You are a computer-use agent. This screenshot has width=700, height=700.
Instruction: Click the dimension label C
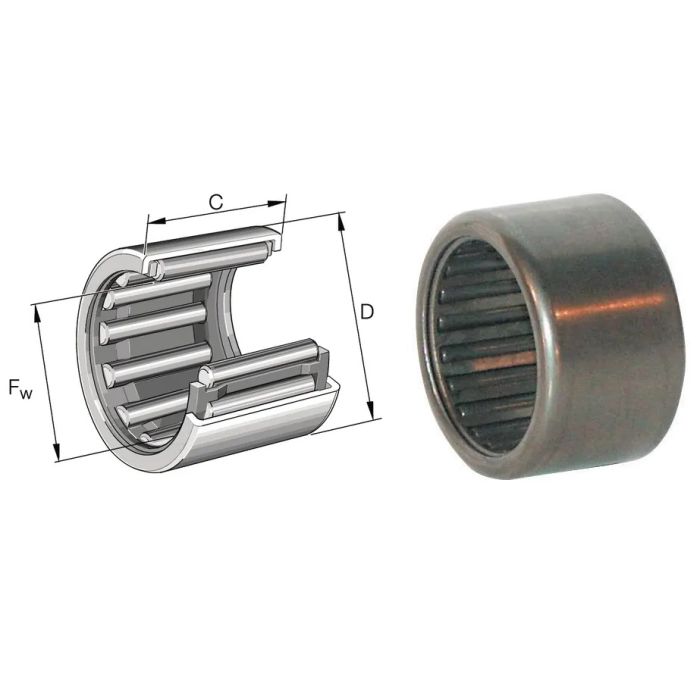pyautogui.click(x=216, y=202)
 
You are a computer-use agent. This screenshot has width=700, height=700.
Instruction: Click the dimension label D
pyautogui.click(x=367, y=312)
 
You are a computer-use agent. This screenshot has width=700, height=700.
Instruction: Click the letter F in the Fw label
pyautogui.click(x=15, y=386)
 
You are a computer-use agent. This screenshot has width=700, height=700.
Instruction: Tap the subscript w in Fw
pyautogui.click(x=26, y=393)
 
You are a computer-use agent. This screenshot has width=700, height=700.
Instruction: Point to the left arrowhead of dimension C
pyautogui.click(x=157, y=220)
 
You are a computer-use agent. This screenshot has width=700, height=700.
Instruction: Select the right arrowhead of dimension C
pyautogui.click(x=276, y=204)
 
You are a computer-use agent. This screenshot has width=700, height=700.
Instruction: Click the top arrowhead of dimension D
pyautogui.click(x=341, y=222)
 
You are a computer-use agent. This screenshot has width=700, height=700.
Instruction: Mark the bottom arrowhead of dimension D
pyautogui.click(x=370, y=410)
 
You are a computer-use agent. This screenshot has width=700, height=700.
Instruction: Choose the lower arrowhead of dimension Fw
pyautogui.click(x=56, y=451)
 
